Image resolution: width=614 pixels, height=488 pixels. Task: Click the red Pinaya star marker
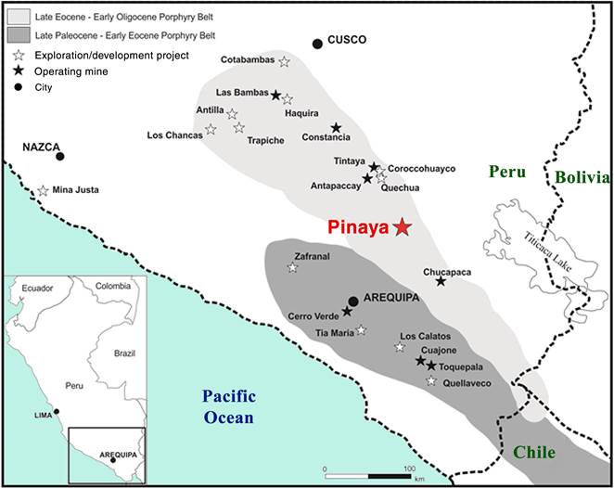402,226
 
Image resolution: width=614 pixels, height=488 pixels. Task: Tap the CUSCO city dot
317,43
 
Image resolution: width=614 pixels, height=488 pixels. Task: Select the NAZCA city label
42,147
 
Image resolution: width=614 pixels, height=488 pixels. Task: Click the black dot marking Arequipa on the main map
353,301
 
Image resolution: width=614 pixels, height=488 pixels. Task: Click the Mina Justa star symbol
43,190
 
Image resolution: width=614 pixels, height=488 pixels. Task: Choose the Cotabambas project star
284,62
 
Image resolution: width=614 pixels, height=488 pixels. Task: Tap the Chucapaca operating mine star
441,281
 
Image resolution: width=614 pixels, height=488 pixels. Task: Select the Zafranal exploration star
293,268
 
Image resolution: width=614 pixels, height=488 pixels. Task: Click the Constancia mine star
336,128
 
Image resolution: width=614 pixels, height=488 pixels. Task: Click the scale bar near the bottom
367,475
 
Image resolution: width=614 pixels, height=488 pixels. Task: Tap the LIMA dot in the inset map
57,412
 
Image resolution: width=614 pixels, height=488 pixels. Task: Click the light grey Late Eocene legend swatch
16,19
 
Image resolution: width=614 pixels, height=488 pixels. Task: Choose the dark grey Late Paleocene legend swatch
16,35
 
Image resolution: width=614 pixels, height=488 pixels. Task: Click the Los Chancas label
174,135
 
